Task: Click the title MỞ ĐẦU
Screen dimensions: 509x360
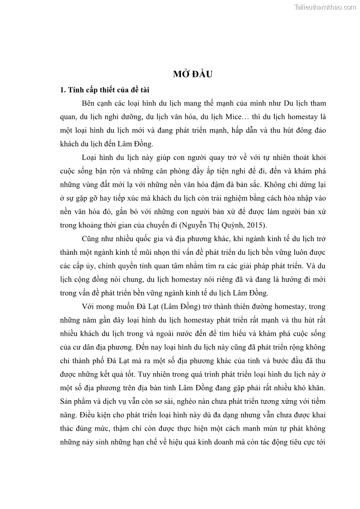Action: tap(193, 74)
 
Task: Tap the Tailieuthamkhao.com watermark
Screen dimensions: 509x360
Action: tap(325, 7)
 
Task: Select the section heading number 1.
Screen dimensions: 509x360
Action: tap(63, 89)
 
